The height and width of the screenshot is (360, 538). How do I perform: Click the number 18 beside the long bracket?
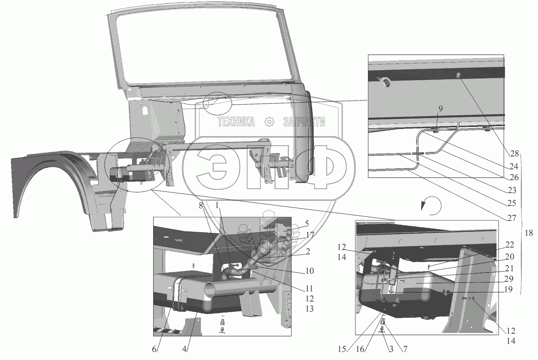(x=529, y=233)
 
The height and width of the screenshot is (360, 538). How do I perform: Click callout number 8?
(x=201, y=205)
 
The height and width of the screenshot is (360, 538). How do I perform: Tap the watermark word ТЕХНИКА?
(x=236, y=122)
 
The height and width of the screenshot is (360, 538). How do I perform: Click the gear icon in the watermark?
(x=269, y=122)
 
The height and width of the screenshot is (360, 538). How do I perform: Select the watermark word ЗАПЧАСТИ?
(x=304, y=122)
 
